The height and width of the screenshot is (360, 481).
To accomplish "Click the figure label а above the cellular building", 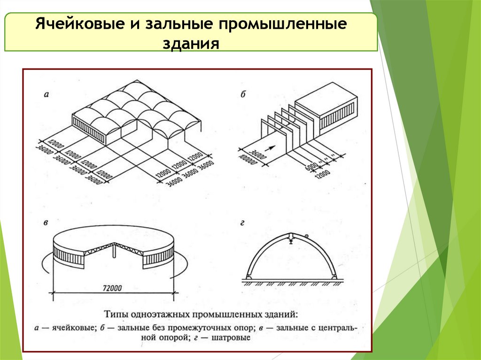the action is tap(46, 94).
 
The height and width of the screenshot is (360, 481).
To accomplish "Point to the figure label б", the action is tap(243, 94).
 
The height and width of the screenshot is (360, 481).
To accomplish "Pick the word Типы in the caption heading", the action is tap(114, 313).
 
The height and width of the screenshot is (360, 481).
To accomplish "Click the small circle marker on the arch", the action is tap(306, 236).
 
